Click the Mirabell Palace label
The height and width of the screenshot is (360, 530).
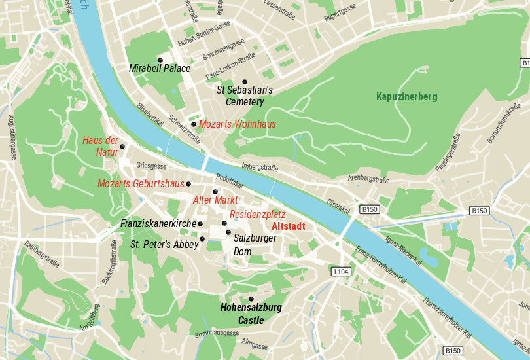160,68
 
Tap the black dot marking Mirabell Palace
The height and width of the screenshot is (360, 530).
160,60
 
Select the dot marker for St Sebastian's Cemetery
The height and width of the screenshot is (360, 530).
245,82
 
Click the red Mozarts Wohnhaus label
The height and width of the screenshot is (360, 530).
238,124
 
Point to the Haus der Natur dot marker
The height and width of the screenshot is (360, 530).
122,147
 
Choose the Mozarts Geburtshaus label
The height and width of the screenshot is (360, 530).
141,183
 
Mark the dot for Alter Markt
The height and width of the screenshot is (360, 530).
215,191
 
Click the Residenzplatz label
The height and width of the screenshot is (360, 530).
258,214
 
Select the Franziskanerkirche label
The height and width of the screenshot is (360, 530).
158,224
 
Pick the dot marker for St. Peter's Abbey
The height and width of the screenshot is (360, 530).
202,238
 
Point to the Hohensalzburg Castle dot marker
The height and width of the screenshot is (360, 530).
251,298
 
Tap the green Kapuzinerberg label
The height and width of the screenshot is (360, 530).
406,96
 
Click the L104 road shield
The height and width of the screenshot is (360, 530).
341,272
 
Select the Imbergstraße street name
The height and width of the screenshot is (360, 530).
260,167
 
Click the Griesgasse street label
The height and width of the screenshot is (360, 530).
152,166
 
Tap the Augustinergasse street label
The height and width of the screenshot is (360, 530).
11,137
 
